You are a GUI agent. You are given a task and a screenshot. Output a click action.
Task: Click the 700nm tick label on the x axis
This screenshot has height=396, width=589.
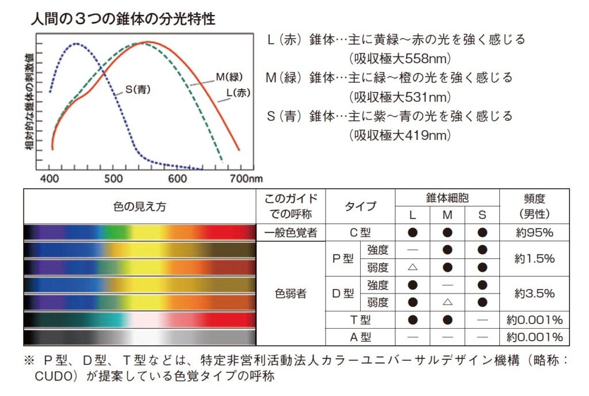[x=246, y=179]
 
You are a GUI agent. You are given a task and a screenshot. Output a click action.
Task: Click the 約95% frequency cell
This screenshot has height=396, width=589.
[x=534, y=233]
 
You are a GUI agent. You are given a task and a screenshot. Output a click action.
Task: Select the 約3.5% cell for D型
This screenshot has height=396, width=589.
[x=534, y=294]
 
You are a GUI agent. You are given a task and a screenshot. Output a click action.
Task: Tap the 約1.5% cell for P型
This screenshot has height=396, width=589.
[x=534, y=259]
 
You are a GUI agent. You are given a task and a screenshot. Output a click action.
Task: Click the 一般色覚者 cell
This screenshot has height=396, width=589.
[x=290, y=233]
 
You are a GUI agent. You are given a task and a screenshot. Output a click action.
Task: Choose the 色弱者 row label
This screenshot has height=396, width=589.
[x=290, y=294]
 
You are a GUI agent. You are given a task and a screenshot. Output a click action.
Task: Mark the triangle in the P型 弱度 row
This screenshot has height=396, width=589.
[x=412, y=268]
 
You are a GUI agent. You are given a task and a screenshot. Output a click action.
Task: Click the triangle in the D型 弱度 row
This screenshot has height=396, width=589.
[x=448, y=302]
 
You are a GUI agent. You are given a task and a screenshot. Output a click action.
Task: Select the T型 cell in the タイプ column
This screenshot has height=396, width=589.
[x=360, y=319]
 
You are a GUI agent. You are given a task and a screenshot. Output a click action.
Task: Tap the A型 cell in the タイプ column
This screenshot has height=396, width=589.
[x=360, y=337]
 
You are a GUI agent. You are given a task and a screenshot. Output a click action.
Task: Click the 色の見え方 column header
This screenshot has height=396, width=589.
[x=140, y=207]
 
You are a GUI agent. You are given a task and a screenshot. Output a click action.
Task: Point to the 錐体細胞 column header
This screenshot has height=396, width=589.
[x=447, y=198]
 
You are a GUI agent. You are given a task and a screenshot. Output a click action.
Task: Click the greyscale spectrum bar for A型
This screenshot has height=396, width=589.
[x=140, y=337]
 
